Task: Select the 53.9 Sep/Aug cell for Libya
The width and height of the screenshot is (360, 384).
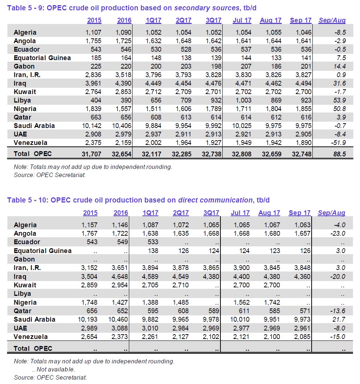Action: click(x=339, y=100)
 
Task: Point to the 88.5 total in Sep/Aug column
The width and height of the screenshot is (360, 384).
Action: click(x=339, y=153)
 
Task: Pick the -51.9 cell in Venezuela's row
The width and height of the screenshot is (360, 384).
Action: click(x=338, y=143)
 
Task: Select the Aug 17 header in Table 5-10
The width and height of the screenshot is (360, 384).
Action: click(x=270, y=213)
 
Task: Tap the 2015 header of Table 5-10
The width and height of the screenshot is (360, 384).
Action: click(x=90, y=213)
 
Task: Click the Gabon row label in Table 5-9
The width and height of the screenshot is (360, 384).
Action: click(x=24, y=66)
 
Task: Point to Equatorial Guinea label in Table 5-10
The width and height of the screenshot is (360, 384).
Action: click(x=42, y=251)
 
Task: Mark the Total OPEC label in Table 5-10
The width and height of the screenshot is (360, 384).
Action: click(x=33, y=349)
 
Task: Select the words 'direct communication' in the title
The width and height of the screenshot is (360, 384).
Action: click(x=215, y=200)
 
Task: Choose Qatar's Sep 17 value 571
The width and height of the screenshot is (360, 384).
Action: click(x=305, y=311)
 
